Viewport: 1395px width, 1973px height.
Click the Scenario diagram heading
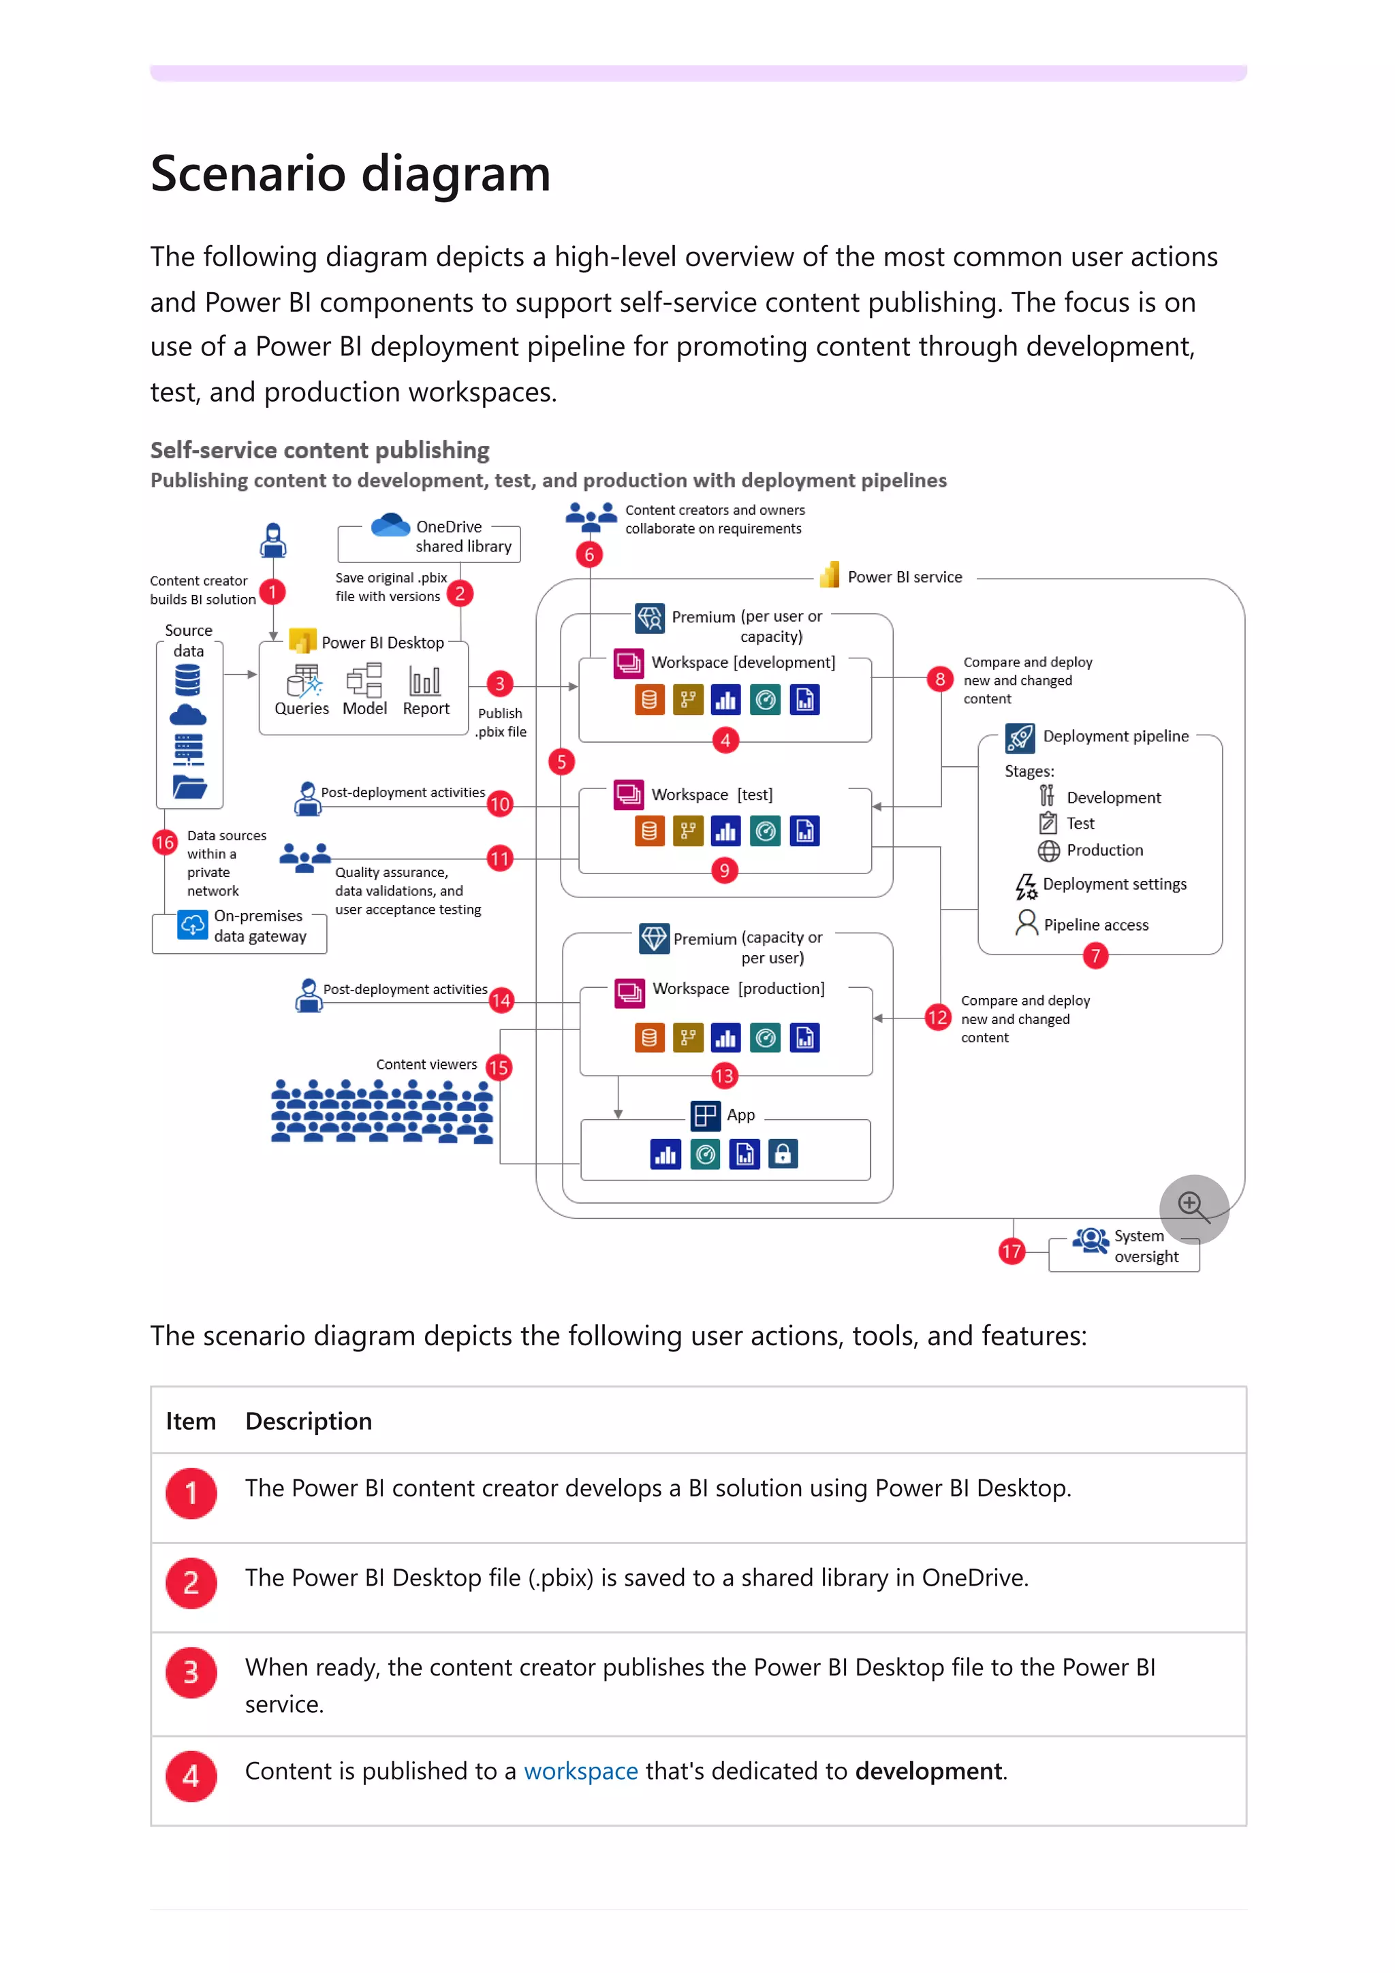(350, 174)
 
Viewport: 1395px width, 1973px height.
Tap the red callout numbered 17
(1011, 1251)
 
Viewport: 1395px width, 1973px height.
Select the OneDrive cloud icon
(390, 524)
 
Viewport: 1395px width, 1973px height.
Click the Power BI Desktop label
(383, 643)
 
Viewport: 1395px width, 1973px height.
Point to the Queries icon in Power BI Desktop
(303, 681)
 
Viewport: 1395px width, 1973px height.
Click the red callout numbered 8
(939, 679)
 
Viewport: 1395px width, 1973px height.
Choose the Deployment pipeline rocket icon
(1020, 737)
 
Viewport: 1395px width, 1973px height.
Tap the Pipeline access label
(1095, 925)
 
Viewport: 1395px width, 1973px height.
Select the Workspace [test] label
(711, 795)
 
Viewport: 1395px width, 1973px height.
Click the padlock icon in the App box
(782, 1154)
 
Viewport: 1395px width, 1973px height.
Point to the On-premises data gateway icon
(193, 925)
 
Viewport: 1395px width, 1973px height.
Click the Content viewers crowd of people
(381, 1111)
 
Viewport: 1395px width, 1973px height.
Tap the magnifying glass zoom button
(1193, 1207)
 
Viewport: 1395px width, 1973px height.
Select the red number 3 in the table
(191, 1672)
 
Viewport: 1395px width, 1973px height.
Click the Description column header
(308, 1422)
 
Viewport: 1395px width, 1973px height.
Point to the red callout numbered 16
(164, 842)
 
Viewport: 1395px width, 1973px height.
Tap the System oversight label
(1146, 1246)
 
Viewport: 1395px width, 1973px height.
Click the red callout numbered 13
(723, 1076)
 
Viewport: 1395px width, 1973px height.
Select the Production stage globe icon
(1048, 851)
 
